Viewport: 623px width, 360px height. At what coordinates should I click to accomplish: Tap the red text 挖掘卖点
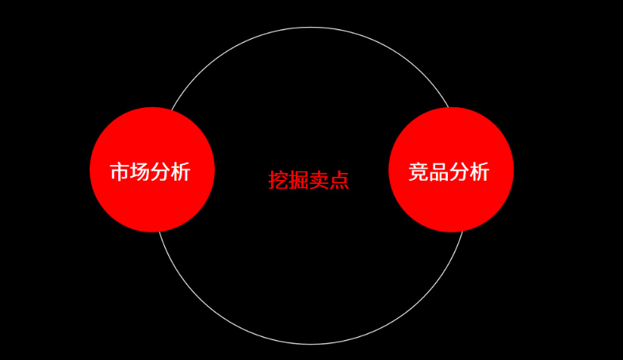tap(309, 181)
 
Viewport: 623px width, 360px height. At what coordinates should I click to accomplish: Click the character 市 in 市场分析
tap(119, 172)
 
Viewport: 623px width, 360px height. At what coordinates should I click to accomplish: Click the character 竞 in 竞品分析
tap(419, 172)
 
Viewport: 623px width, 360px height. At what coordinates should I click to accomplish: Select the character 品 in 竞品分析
tap(439, 172)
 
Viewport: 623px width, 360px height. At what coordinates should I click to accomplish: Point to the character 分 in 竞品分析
tap(460, 172)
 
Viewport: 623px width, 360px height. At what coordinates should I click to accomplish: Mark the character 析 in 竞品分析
tap(480, 172)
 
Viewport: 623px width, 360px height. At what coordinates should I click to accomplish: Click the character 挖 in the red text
tap(278, 181)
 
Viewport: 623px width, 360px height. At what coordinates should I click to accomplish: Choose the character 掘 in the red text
tap(299, 181)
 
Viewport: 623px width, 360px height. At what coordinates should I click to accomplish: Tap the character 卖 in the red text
tap(319, 181)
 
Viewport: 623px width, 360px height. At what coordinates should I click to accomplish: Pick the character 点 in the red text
tap(340, 181)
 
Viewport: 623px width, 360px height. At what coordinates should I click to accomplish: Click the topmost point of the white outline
tap(311, 28)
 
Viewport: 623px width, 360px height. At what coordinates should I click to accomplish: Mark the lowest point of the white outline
tap(311, 344)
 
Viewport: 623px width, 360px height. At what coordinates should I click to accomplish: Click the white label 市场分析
tap(150, 172)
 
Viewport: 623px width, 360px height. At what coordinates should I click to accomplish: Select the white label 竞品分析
tap(449, 172)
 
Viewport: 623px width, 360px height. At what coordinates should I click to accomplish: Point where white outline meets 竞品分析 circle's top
tap(449, 108)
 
